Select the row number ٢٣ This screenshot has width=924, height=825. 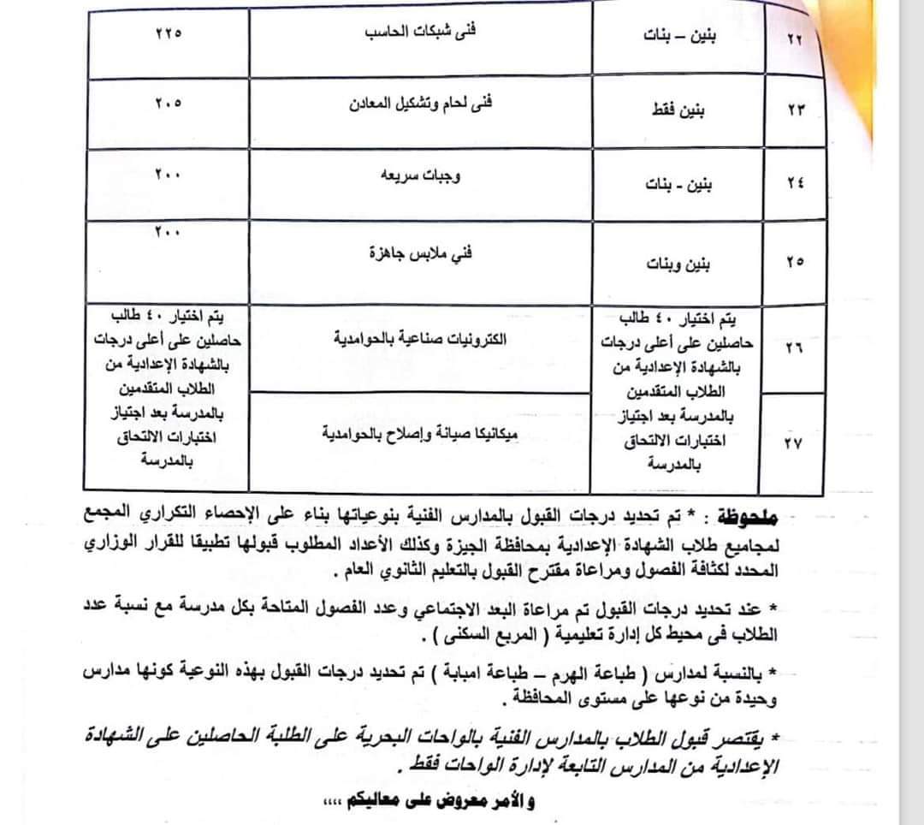(795, 111)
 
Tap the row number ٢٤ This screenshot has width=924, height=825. (795, 183)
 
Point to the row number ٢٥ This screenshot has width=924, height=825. (795, 263)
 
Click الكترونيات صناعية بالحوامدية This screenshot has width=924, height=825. (422, 338)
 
